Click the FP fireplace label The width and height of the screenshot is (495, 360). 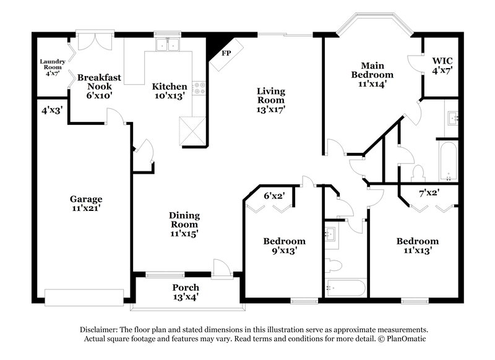(227, 53)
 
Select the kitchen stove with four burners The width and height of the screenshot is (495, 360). (199, 88)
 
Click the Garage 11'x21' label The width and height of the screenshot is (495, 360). (85, 204)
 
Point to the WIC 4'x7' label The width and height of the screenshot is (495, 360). (443, 65)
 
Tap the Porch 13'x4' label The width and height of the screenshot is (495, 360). (186, 292)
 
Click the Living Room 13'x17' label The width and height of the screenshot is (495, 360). (270, 100)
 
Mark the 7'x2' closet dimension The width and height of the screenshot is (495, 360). (429, 193)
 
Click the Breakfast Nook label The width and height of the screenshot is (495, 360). (99, 82)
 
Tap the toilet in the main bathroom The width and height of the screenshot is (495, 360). (418, 171)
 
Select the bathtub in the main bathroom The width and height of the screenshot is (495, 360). (447, 161)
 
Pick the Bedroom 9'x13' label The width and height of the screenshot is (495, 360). (284, 246)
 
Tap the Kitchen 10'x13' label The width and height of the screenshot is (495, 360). (169, 91)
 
